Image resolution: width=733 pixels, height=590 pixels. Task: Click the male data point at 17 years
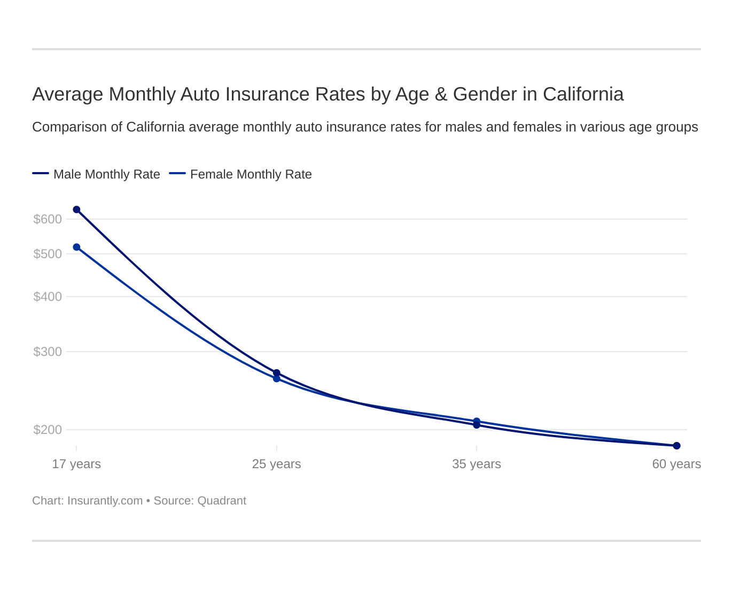(x=76, y=209)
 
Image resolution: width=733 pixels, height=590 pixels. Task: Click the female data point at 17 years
(x=76, y=247)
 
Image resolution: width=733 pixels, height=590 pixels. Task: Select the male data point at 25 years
(x=277, y=372)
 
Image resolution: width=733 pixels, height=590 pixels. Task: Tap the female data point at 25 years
(x=277, y=379)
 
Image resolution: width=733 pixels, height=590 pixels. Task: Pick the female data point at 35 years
(x=477, y=421)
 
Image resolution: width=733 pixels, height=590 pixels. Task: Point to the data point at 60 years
(x=676, y=446)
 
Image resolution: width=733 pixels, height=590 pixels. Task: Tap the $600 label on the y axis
(x=48, y=219)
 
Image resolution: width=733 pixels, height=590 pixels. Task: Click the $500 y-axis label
(x=48, y=254)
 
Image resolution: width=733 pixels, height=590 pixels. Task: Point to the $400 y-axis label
(x=48, y=297)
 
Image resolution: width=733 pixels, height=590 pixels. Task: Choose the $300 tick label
(x=48, y=352)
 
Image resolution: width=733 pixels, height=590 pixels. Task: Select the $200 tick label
(x=48, y=430)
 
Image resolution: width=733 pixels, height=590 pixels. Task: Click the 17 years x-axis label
(x=76, y=464)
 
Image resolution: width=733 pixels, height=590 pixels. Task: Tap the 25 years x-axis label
(x=277, y=464)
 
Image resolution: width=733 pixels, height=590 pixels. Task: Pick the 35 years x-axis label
(x=477, y=464)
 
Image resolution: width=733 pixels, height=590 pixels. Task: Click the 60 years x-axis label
(x=676, y=464)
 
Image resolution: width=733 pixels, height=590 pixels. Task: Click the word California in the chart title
(x=583, y=94)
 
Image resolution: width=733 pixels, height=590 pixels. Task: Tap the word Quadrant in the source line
(x=222, y=501)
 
